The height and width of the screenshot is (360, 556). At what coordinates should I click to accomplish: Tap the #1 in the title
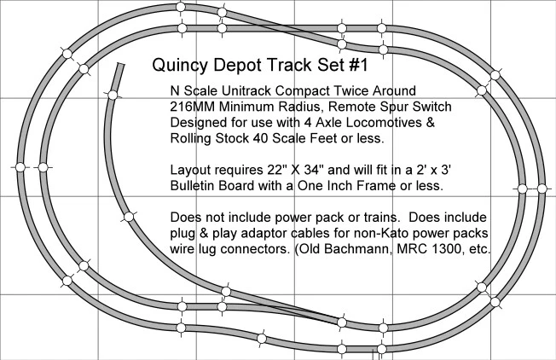[359, 65]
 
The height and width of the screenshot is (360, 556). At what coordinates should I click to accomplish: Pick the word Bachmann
[358, 248]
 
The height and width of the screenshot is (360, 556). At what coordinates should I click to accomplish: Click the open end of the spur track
[121, 65]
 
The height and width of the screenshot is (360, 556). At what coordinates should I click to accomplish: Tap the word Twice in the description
[351, 90]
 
